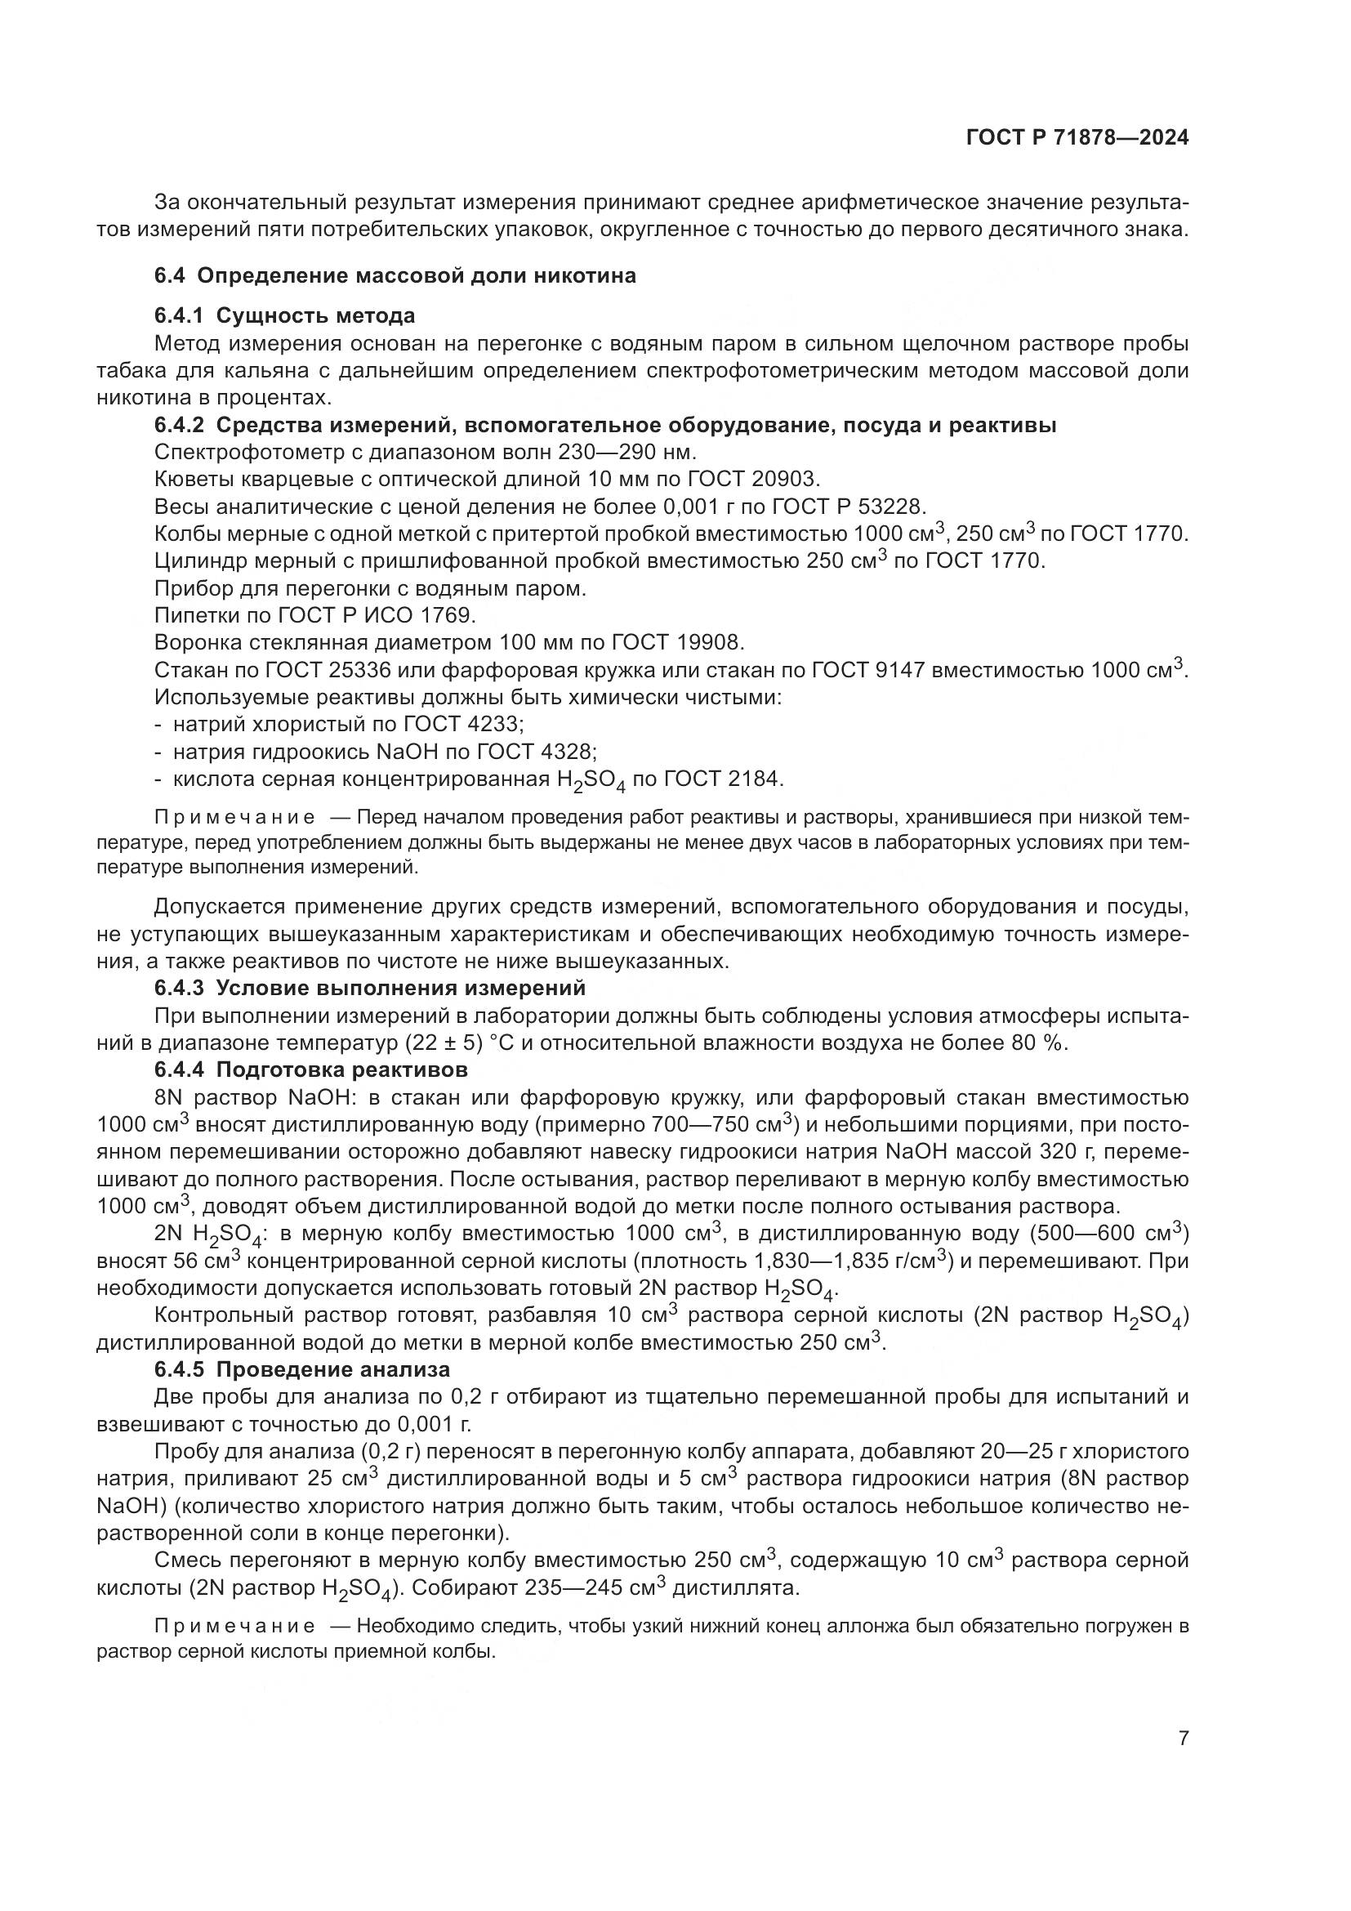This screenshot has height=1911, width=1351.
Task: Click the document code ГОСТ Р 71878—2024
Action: click(x=1077, y=138)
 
